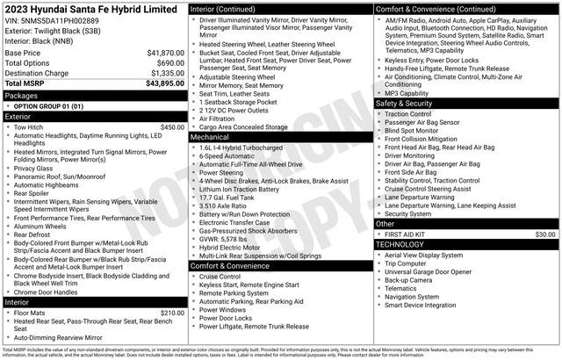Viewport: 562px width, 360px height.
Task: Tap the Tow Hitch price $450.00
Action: click(172, 126)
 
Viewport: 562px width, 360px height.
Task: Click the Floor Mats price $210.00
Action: click(172, 312)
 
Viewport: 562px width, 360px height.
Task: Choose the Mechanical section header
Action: click(209, 137)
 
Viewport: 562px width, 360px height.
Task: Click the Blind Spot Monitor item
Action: click(415, 130)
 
